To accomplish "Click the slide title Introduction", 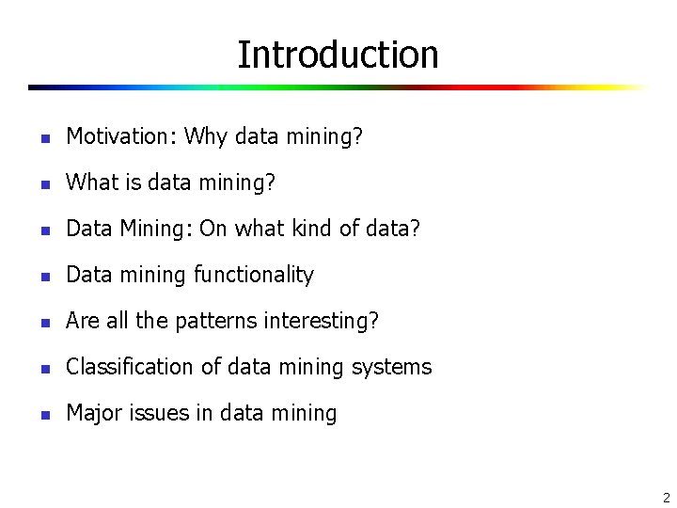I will click(x=338, y=55).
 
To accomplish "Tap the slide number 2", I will click(x=666, y=498).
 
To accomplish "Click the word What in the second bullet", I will click(x=89, y=183).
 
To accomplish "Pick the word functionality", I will click(x=254, y=275).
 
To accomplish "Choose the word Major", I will click(x=91, y=413).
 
